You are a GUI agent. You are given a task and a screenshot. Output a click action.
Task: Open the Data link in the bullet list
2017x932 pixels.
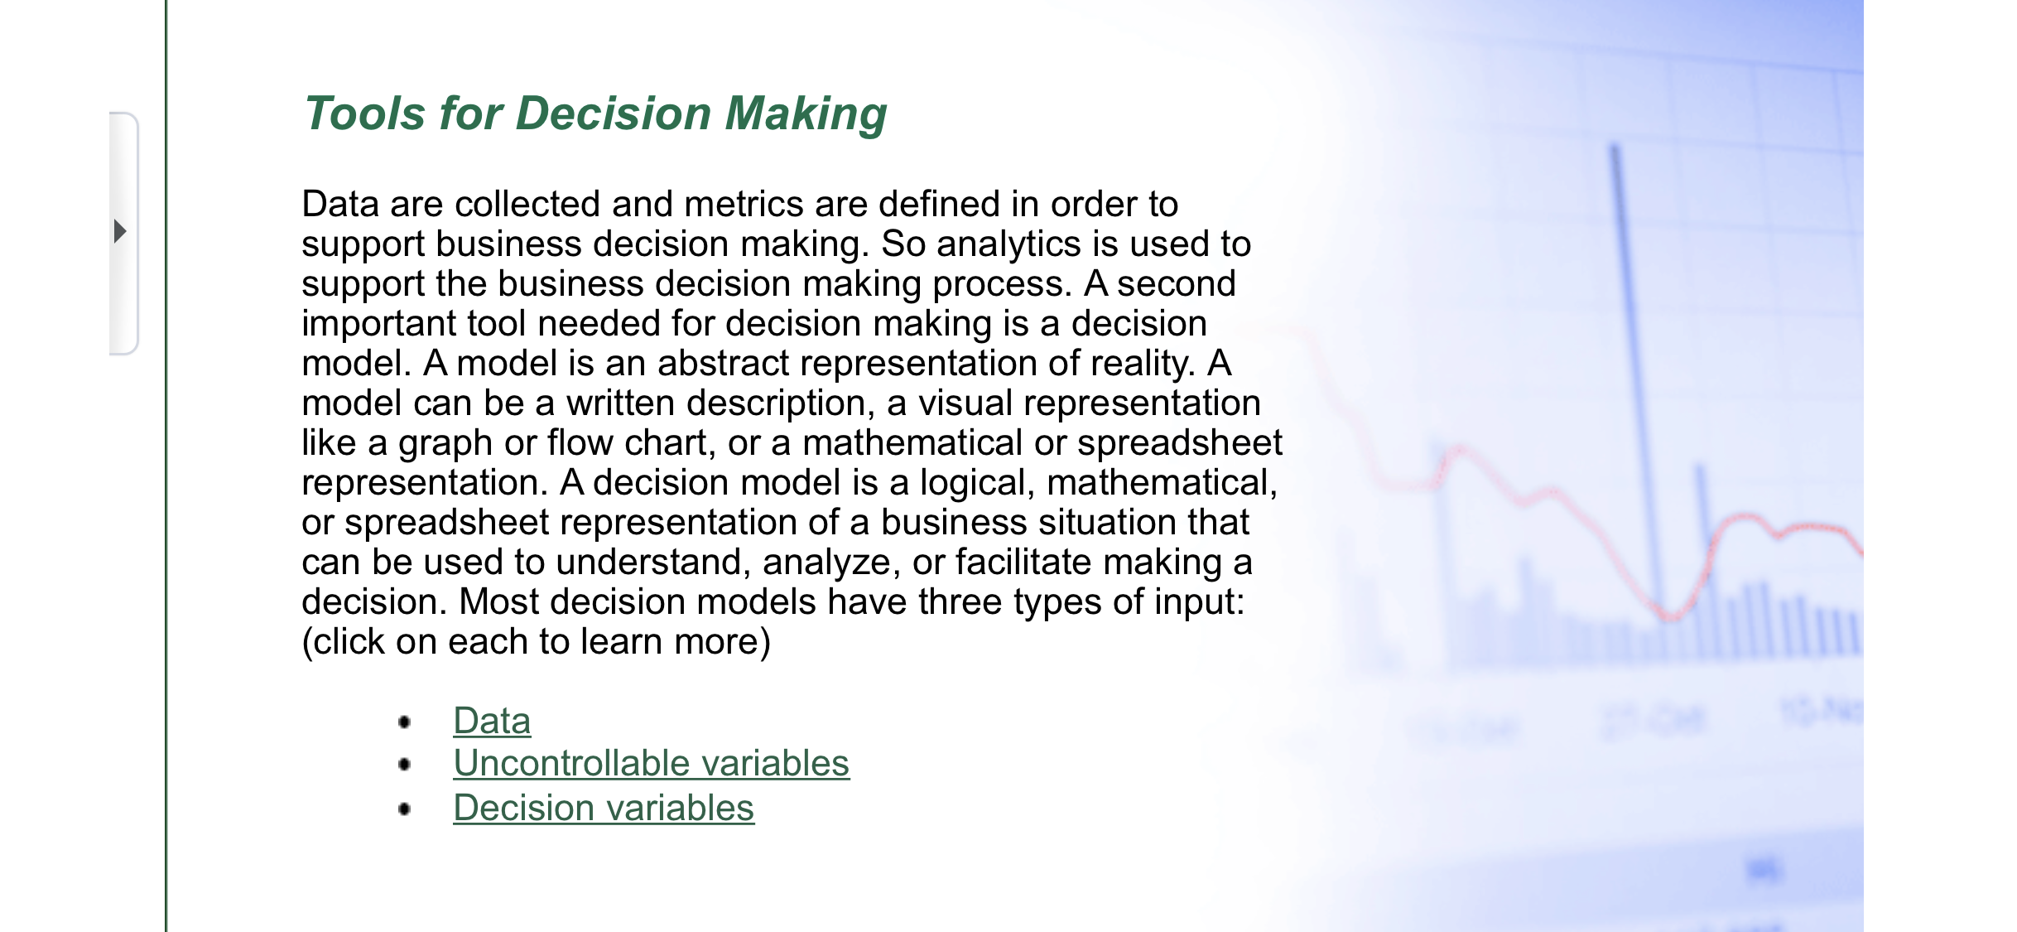pyautogui.click(x=492, y=720)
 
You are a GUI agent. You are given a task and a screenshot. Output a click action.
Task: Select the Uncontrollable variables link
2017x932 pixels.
pyautogui.click(x=651, y=763)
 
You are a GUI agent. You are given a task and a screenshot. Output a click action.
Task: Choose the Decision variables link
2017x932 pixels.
pyautogui.click(x=604, y=808)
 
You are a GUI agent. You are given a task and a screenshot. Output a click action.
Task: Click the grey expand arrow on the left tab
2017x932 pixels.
pyautogui.click(x=120, y=231)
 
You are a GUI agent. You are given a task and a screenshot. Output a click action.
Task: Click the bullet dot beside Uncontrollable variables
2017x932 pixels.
pyautogui.click(x=404, y=764)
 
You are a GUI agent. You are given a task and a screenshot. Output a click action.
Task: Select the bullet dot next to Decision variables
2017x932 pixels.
pyautogui.click(x=404, y=809)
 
